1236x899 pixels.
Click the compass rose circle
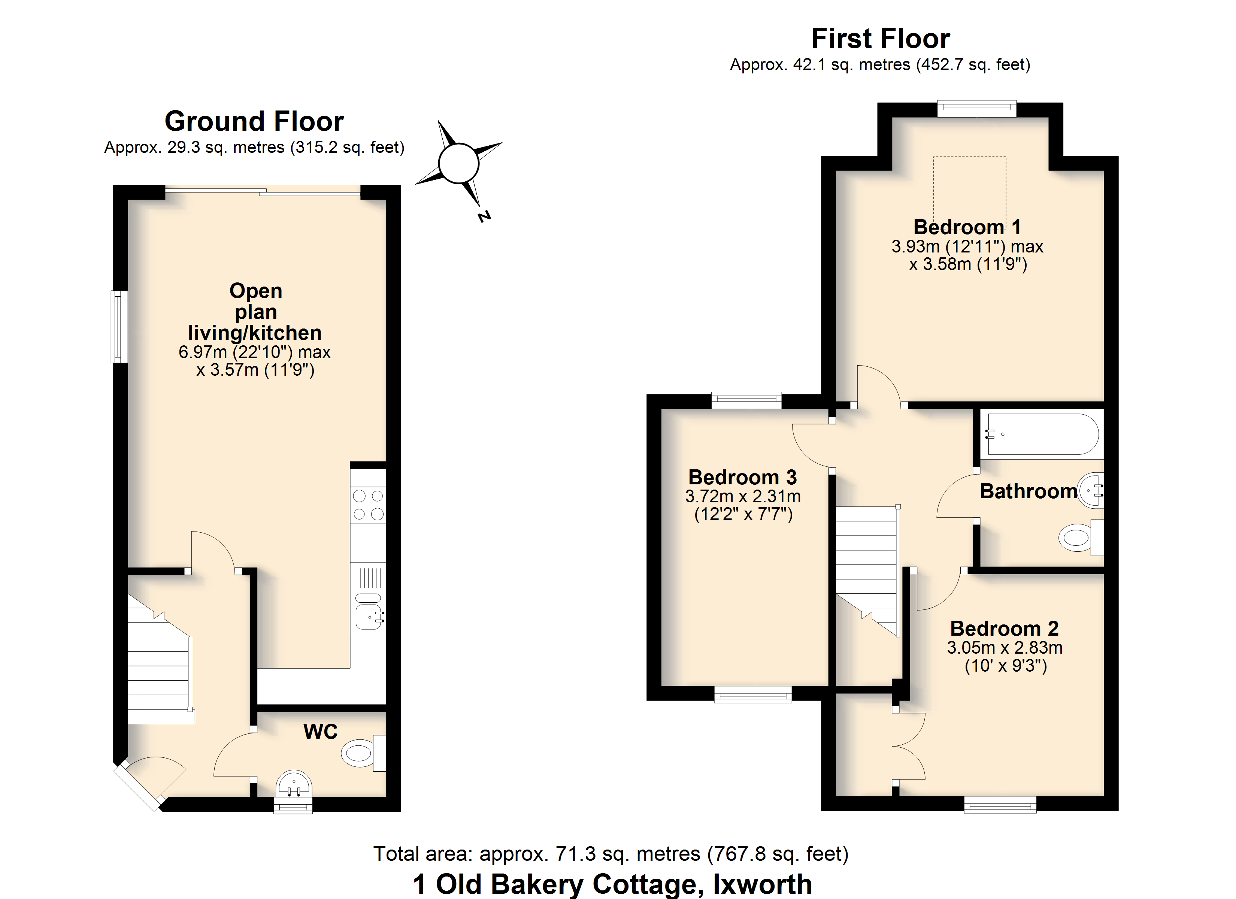click(458, 163)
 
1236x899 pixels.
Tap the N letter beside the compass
click(484, 217)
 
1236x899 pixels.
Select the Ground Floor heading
click(254, 121)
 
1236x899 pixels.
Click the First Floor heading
click(881, 38)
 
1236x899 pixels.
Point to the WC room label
click(321, 732)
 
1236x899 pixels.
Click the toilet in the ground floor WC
click(364, 753)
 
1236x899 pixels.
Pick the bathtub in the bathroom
click(1042, 434)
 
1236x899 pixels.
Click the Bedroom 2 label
click(1005, 629)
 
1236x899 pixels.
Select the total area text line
click(611, 854)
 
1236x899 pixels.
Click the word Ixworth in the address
click(763, 884)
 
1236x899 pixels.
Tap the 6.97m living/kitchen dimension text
click(254, 352)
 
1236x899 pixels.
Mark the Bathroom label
click(1029, 491)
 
